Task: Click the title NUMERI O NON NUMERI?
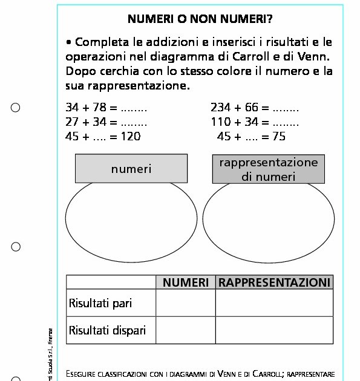(200, 19)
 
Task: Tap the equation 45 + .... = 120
(102, 137)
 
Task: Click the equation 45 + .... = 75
(251, 137)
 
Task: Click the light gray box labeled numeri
(131, 169)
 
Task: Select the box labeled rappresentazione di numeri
(268, 169)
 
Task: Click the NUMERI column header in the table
(186, 282)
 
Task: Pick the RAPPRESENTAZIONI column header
(274, 282)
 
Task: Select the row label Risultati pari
(100, 302)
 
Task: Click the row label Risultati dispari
(107, 330)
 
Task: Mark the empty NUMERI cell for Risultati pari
(186, 302)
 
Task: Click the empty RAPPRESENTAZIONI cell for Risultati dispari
(274, 330)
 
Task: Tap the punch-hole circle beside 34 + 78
(16, 108)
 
